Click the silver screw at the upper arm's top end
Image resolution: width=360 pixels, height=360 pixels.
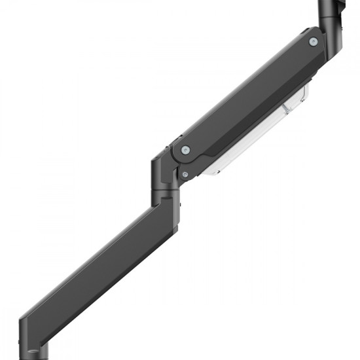click(313, 42)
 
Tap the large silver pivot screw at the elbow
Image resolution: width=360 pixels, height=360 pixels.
click(186, 149)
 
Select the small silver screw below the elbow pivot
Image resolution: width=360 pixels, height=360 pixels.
click(185, 174)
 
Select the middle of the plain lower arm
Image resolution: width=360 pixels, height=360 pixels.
click(98, 275)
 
